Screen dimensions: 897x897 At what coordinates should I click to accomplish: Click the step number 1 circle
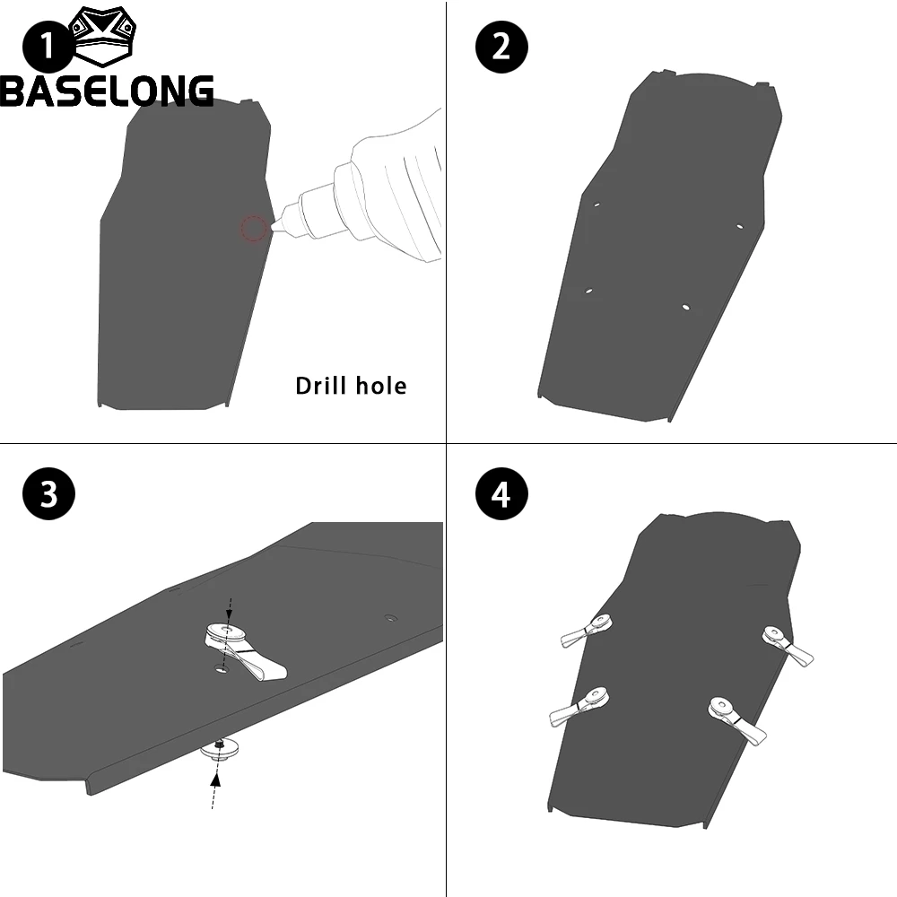pyautogui.click(x=48, y=47)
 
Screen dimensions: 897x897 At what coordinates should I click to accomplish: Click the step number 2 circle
pyautogui.click(x=501, y=47)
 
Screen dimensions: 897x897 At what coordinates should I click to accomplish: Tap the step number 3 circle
pyautogui.click(x=48, y=493)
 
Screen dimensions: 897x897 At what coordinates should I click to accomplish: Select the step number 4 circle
pyautogui.click(x=501, y=493)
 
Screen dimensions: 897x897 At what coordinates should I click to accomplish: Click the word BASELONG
pyautogui.click(x=107, y=91)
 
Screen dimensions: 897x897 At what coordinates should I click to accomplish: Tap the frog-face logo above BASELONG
pyautogui.click(x=103, y=36)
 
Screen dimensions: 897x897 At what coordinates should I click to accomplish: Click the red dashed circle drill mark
pyautogui.click(x=254, y=228)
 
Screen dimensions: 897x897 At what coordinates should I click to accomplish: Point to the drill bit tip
pyautogui.click(x=272, y=227)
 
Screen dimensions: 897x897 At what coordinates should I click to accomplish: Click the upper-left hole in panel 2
pyautogui.click(x=597, y=205)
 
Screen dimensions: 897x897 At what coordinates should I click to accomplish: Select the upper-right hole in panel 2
pyautogui.click(x=739, y=226)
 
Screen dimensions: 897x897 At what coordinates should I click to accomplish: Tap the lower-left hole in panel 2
pyautogui.click(x=588, y=292)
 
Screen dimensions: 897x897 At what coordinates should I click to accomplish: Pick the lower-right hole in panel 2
pyautogui.click(x=685, y=307)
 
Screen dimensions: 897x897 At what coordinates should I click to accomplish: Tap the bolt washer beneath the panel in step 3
pyautogui.click(x=221, y=749)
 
